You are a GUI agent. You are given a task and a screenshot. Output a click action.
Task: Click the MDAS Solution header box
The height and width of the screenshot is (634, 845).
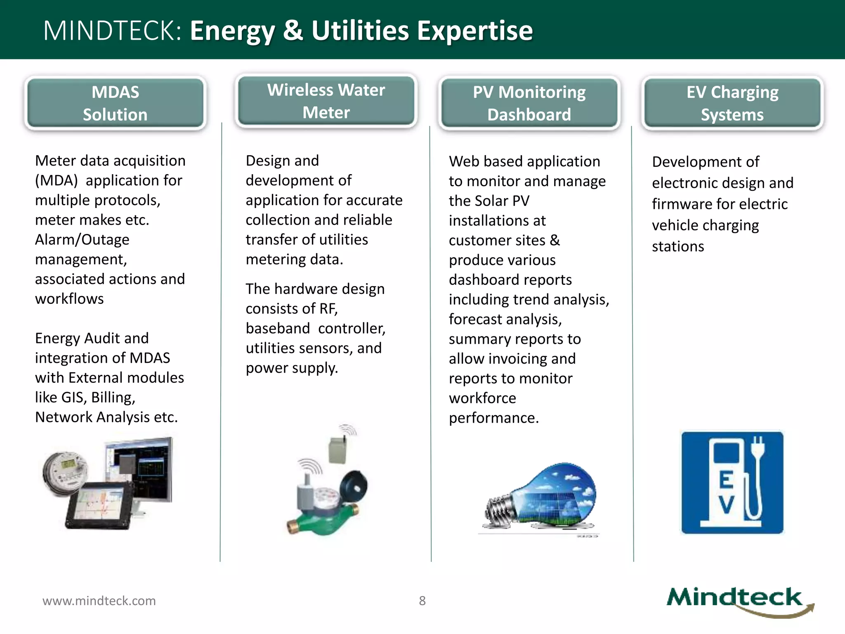pyautogui.click(x=115, y=103)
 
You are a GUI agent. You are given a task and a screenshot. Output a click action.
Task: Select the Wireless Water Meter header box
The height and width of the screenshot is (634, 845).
pyautogui.click(x=326, y=101)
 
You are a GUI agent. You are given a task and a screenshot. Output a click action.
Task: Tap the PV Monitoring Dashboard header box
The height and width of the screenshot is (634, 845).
pyautogui.click(x=529, y=103)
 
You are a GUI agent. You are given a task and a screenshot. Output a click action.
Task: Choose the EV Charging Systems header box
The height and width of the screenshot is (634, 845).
pyautogui.click(x=732, y=103)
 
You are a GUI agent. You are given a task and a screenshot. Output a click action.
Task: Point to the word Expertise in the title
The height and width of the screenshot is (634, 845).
pyautogui.click(x=474, y=31)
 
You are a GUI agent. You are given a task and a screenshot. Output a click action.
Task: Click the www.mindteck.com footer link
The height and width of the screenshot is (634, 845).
pyautogui.click(x=99, y=601)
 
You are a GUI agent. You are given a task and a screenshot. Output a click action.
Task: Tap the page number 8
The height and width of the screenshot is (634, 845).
pyautogui.click(x=422, y=601)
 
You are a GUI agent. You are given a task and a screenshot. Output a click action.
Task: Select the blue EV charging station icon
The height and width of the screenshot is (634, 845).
pyautogui.click(x=732, y=482)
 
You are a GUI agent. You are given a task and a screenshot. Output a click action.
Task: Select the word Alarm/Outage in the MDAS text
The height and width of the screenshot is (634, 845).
pyautogui.click(x=82, y=240)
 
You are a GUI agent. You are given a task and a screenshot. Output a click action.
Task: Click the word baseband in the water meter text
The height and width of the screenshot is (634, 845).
pyautogui.click(x=278, y=329)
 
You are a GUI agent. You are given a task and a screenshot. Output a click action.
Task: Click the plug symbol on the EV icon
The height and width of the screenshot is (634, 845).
pyautogui.click(x=758, y=448)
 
